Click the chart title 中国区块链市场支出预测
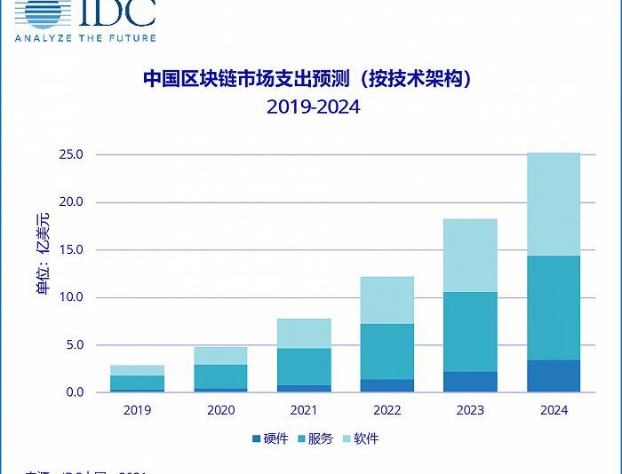click(x=307, y=79)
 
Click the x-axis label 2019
click(x=138, y=411)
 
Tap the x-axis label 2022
click(x=387, y=411)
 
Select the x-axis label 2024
click(x=554, y=411)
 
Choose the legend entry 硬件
click(x=272, y=438)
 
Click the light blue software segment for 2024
click(x=554, y=204)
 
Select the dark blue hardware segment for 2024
click(x=554, y=376)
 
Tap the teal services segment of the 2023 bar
click(x=470, y=332)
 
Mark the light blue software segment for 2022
click(x=387, y=300)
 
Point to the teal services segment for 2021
click(x=303, y=367)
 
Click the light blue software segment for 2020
click(x=220, y=355)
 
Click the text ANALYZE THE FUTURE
click(x=85, y=37)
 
